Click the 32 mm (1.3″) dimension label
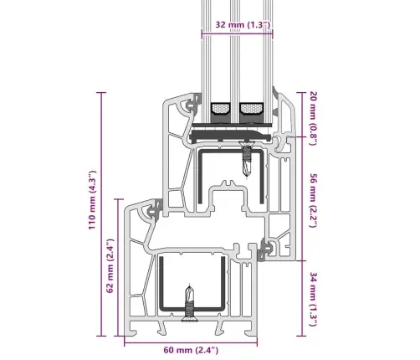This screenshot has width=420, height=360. click(243, 24)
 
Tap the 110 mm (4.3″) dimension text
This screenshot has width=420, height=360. click(92, 200)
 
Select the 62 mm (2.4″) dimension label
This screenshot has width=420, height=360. click(110, 265)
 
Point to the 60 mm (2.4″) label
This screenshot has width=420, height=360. click(191, 350)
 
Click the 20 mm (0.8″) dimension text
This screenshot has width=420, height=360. click(314, 118)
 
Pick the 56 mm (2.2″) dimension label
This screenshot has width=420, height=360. click(314, 200)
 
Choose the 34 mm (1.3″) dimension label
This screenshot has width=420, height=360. click(314, 299)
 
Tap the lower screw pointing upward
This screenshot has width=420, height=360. click(190, 303)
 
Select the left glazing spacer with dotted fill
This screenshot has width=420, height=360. click(220, 108)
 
